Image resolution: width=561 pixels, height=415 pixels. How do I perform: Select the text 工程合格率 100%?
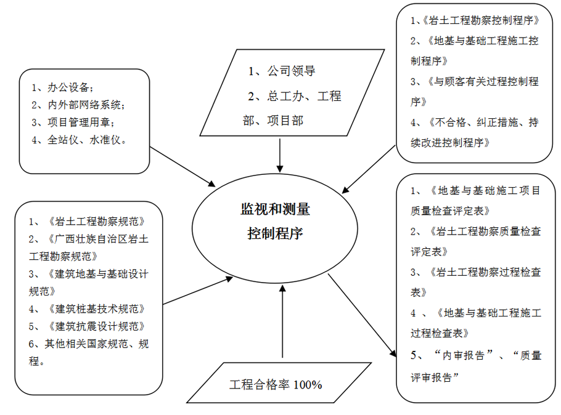(x=276, y=385)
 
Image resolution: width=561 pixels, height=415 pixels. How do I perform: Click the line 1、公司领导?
(x=282, y=71)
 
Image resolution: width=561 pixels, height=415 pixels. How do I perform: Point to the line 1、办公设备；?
(x=63, y=87)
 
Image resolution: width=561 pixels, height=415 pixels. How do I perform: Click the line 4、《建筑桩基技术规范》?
(x=90, y=308)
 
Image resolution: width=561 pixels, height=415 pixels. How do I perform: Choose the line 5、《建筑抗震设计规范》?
(x=90, y=326)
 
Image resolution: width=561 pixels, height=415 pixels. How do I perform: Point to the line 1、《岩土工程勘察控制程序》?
(x=476, y=20)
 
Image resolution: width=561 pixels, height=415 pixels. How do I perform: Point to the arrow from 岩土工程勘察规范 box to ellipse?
(x=197, y=291)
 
